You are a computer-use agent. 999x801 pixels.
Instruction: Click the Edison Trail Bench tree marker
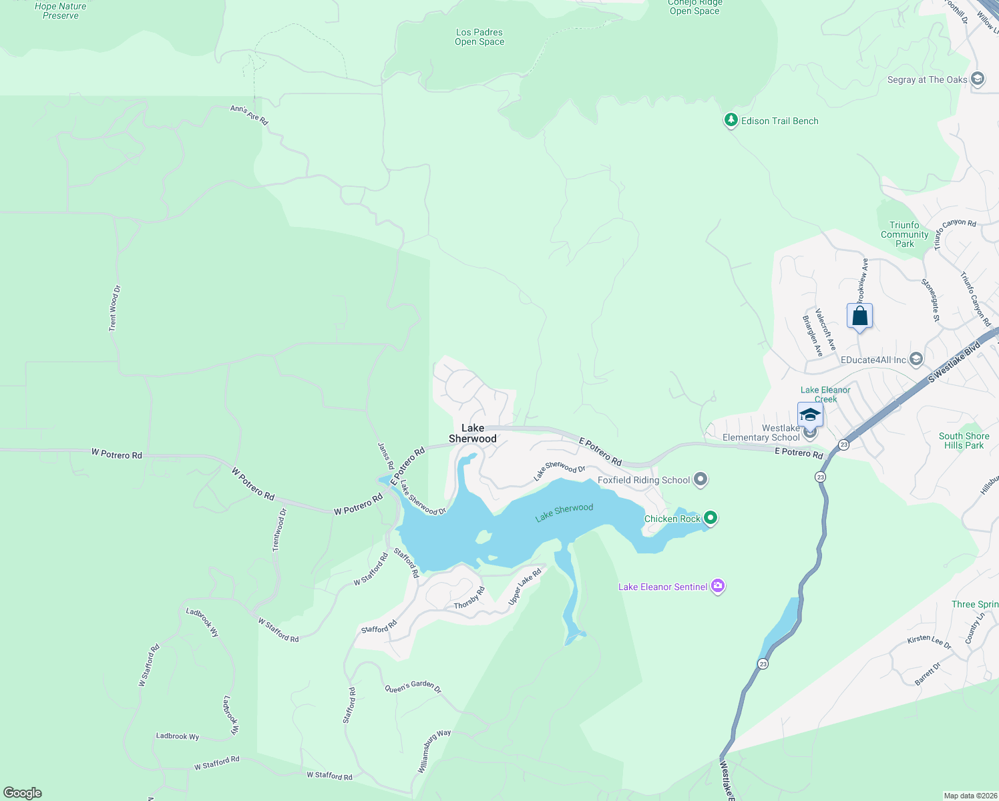coord(731,121)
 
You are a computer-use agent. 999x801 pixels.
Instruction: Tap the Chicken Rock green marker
coord(711,518)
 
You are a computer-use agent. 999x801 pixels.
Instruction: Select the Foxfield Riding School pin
coord(701,479)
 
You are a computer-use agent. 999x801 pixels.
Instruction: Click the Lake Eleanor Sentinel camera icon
coord(718,587)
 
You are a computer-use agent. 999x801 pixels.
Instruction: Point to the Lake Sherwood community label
coord(473,433)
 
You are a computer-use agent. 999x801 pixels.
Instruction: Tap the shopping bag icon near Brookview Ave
coord(859,316)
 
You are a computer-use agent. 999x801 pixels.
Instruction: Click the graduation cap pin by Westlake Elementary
coord(810,415)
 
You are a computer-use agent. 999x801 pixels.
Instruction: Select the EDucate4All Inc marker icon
coord(916,360)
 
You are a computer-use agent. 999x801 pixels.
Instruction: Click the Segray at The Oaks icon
coord(978,79)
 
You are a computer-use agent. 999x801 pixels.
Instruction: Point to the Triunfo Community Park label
coord(905,234)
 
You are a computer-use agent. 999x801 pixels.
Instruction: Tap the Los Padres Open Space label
coord(479,37)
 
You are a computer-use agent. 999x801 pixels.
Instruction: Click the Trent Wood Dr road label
coord(114,308)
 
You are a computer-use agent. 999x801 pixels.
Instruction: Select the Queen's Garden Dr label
coord(413,688)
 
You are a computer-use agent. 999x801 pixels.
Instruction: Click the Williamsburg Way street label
coord(434,752)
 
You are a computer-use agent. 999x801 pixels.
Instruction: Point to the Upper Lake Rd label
coord(525,587)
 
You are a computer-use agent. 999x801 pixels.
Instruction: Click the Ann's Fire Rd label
coord(249,115)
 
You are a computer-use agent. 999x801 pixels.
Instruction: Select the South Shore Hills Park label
coord(964,441)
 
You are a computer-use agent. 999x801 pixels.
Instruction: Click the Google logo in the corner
coord(23,793)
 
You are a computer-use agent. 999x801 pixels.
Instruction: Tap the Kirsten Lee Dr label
coord(929,641)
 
